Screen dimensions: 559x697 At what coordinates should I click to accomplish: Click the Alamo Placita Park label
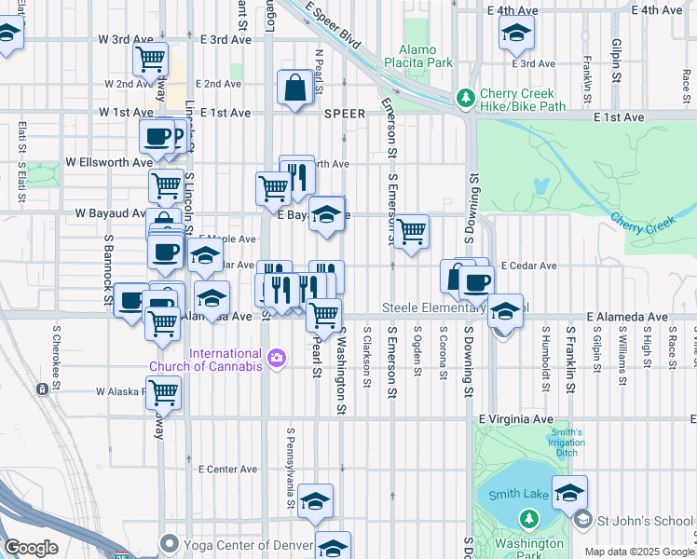click(425, 56)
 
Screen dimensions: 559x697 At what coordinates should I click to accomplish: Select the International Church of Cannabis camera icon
click(276, 358)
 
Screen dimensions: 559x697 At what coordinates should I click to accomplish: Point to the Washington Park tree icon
click(529, 518)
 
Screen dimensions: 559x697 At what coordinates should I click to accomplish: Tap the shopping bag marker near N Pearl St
click(294, 88)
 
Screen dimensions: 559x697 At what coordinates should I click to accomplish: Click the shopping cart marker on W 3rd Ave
click(150, 59)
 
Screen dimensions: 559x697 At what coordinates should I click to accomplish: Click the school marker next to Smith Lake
click(569, 492)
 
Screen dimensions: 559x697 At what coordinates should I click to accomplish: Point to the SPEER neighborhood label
click(345, 113)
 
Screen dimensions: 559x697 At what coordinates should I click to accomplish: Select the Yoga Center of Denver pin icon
click(169, 542)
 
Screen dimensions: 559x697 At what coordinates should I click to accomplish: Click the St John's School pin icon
click(583, 518)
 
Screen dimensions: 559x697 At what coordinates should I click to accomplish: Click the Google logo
click(31, 548)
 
